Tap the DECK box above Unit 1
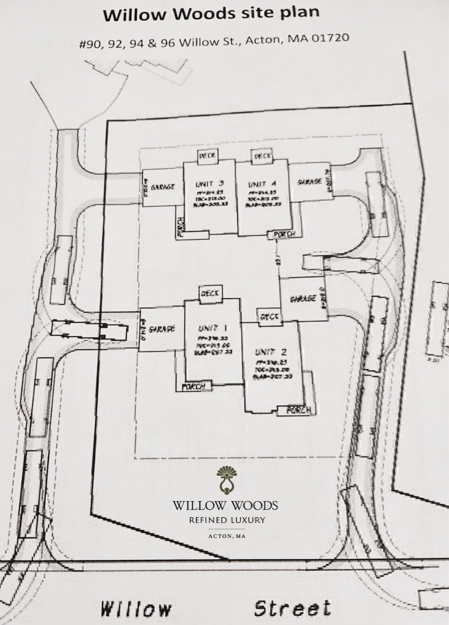click(x=210, y=293)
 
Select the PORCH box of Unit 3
click(x=180, y=227)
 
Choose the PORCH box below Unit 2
click(x=297, y=410)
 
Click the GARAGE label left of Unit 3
click(x=162, y=187)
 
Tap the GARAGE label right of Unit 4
click(x=310, y=182)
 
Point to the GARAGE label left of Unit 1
click(x=162, y=329)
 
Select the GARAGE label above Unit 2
click(x=303, y=298)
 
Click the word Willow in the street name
click(x=136, y=609)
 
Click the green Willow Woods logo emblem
click(x=225, y=481)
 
